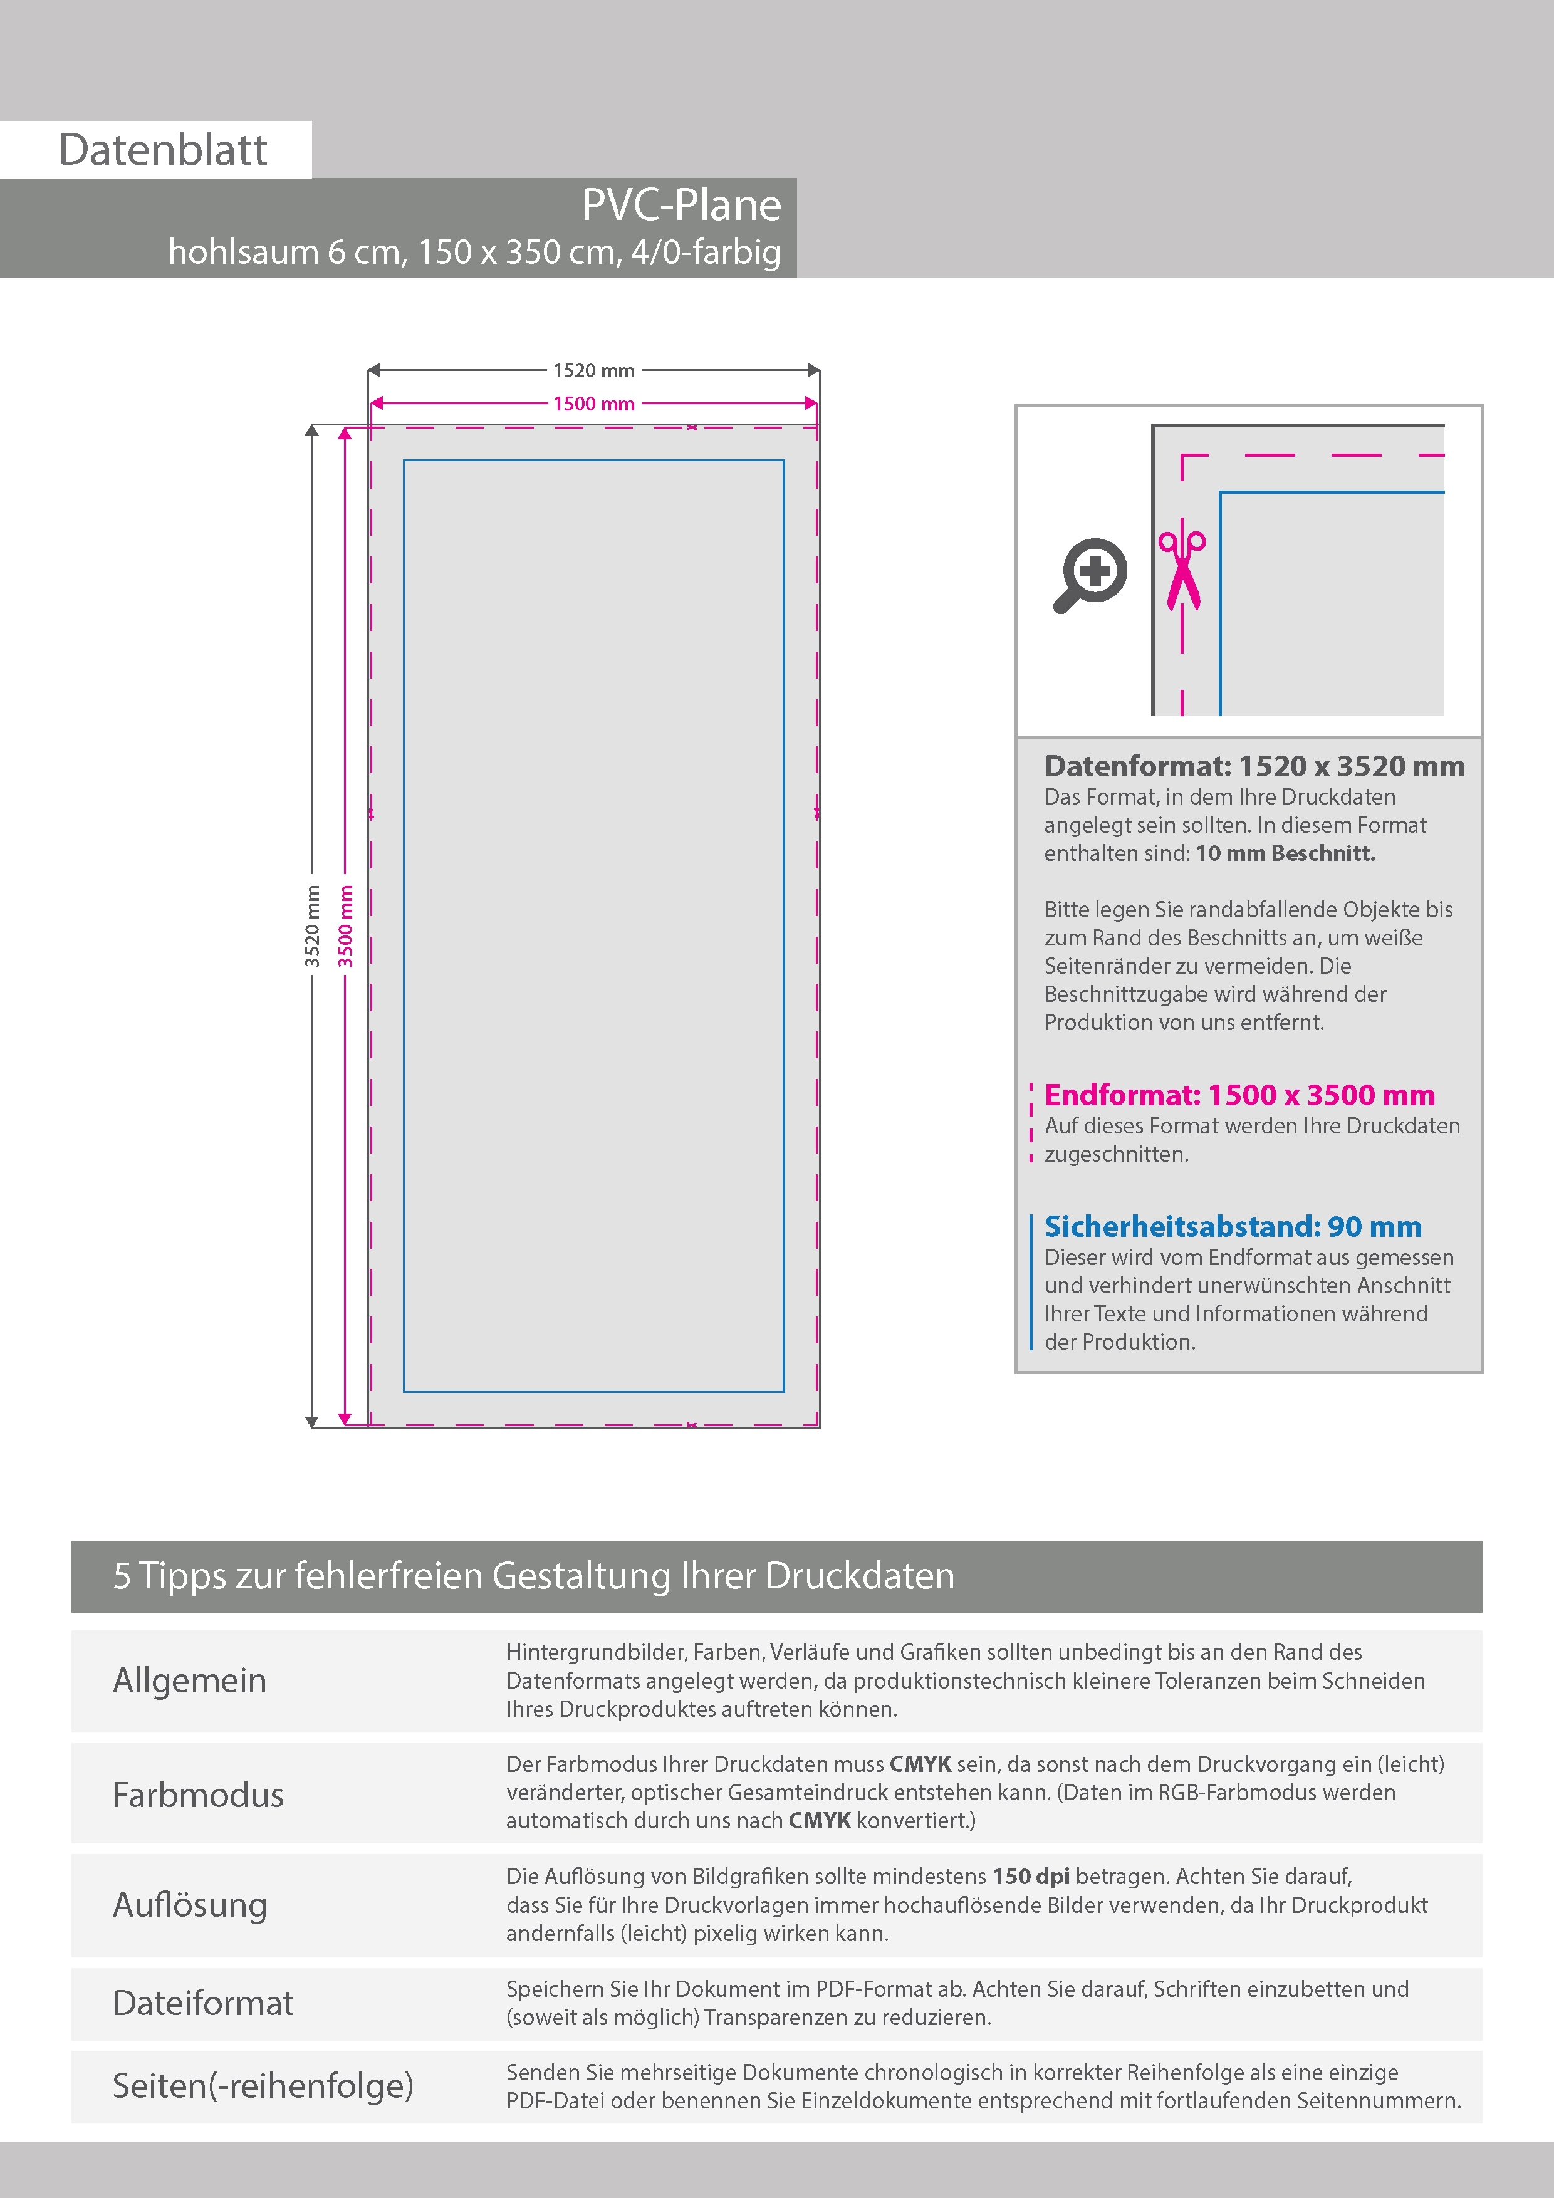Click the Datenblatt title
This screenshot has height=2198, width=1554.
[x=163, y=150]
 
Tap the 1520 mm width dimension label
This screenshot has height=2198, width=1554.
[x=593, y=370]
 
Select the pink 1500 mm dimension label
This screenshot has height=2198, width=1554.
[x=593, y=404]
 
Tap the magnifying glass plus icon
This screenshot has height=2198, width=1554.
[x=1092, y=575]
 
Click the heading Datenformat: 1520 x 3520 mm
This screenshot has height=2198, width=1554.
[x=1254, y=766]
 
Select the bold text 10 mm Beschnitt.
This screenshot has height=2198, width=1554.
[x=1285, y=853]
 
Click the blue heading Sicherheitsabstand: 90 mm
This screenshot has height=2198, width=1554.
[x=1233, y=1226]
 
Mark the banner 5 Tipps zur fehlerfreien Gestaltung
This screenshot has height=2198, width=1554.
[x=533, y=1576]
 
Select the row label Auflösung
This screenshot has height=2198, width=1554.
[x=190, y=1905]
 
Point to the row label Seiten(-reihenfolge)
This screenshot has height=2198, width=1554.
[x=263, y=2086]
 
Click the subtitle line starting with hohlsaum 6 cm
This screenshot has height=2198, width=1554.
[x=474, y=252]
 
